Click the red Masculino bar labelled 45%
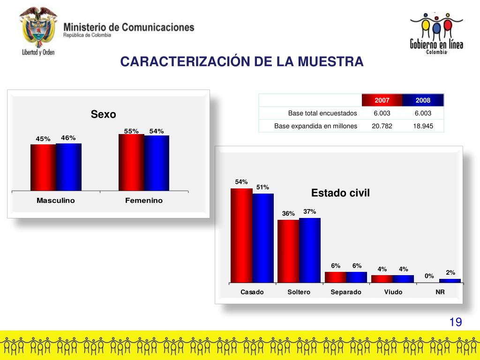pos(43,167)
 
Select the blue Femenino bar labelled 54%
pos(157,163)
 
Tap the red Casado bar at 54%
pos(241,235)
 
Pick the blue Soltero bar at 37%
pos(310,250)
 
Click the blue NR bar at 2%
pos(450,281)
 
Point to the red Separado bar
pos(336,277)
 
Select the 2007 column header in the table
pos(382,100)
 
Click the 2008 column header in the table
pos(423,100)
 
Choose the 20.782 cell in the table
pos(382,126)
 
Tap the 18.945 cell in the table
pos(423,126)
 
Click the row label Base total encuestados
pos(322,113)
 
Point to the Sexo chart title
pos(104,114)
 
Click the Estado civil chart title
pos(341,193)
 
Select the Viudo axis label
pos(393,292)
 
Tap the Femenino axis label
pos(144,201)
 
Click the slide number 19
pos(456,322)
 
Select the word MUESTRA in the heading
pos(331,61)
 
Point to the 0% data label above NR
pos(429,276)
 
